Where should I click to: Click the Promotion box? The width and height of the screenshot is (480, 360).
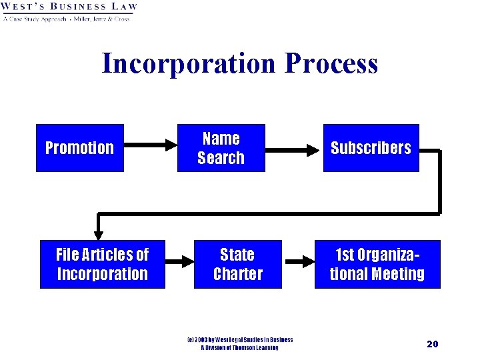coord(80,147)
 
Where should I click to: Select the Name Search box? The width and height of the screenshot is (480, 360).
coord(221,147)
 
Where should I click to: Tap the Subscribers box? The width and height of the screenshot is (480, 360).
coord(371,147)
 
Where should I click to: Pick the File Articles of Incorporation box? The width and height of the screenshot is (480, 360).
coord(102,264)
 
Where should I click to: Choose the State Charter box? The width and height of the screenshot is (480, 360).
coord(237,264)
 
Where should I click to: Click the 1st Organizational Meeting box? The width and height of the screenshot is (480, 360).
coord(377,264)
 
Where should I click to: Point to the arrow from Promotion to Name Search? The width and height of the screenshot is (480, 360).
coord(149,143)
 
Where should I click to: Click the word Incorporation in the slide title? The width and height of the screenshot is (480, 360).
coord(188,63)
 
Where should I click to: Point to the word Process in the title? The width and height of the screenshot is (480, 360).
coord(331,63)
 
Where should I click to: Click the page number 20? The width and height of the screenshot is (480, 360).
coord(432,343)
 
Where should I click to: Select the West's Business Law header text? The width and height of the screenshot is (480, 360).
coord(69,7)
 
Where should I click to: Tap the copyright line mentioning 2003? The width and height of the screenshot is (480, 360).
coord(239,340)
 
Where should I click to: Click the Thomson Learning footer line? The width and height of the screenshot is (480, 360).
coord(239,348)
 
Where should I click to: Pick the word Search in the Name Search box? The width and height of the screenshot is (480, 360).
coord(221,158)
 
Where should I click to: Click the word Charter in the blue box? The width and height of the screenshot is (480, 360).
coord(237,274)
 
